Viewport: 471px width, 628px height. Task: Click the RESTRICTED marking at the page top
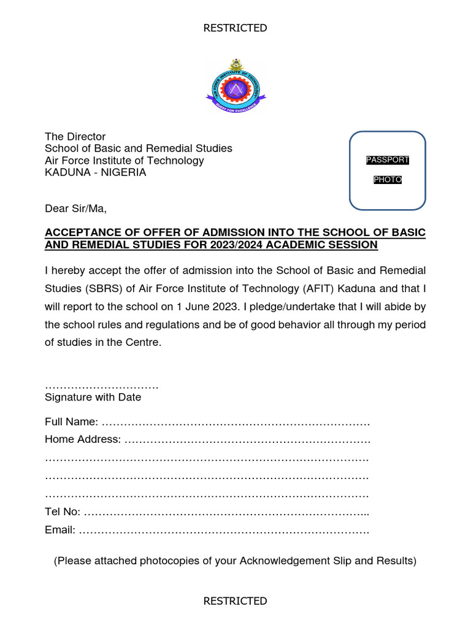(x=235, y=28)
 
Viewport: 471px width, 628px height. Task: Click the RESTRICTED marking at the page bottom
(x=235, y=601)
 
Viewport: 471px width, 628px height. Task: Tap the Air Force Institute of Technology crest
(x=235, y=88)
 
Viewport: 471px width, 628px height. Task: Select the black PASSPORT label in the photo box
(x=387, y=160)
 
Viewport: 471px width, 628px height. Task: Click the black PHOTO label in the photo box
(x=387, y=180)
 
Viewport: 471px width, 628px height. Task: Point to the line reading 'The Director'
(x=75, y=137)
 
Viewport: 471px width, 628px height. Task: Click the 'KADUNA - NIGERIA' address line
(x=96, y=172)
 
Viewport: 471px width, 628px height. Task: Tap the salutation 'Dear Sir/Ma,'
(x=75, y=209)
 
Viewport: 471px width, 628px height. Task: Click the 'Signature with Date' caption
(x=93, y=397)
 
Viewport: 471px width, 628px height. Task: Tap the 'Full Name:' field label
(x=71, y=422)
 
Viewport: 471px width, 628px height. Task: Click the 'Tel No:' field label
(x=63, y=512)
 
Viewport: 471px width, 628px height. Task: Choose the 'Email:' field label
(x=60, y=530)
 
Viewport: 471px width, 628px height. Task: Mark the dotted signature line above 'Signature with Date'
(x=102, y=386)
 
